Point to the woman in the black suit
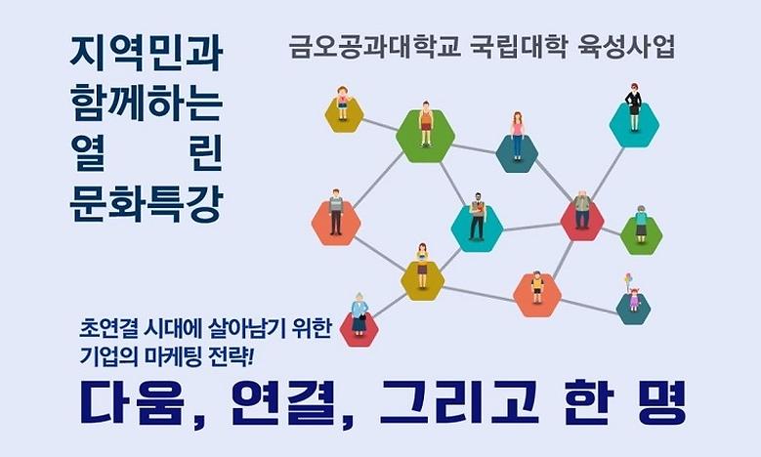tap(634, 110)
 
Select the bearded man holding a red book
tap(477, 217)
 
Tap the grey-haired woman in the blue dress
tap(359, 314)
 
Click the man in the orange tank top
tap(425, 125)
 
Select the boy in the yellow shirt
tap(536, 287)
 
